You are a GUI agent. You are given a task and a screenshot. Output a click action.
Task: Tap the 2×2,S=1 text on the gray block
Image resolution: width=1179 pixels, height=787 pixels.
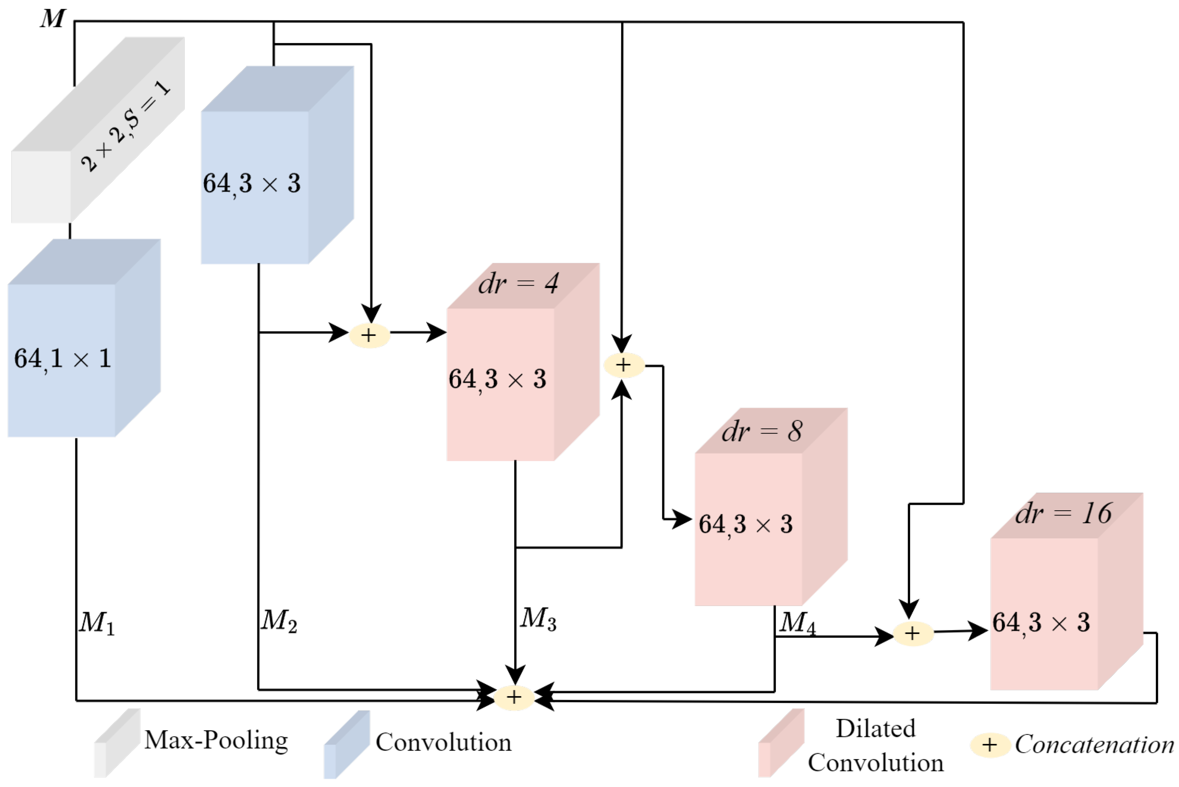(125, 127)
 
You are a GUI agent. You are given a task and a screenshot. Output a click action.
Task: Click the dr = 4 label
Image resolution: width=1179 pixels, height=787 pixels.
(518, 284)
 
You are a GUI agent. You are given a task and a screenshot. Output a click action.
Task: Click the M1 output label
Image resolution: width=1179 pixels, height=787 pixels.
(97, 623)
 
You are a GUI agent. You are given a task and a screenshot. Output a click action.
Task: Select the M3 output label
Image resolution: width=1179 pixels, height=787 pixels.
(538, 618)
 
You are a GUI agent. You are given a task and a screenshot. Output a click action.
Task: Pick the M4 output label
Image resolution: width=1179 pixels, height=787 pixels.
(797, 623)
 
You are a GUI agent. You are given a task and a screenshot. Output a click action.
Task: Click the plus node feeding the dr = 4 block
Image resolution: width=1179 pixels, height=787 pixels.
(369, 335)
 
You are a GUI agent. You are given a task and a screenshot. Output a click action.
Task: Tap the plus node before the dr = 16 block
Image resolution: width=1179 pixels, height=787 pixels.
(913, 634)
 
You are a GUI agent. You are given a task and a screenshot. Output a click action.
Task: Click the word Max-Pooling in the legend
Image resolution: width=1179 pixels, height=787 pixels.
(216, 741)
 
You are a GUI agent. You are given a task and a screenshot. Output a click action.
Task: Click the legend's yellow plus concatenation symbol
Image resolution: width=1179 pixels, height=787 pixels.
(989, 745)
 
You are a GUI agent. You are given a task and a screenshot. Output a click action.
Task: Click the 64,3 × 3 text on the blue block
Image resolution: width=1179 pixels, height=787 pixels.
(252, 184)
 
